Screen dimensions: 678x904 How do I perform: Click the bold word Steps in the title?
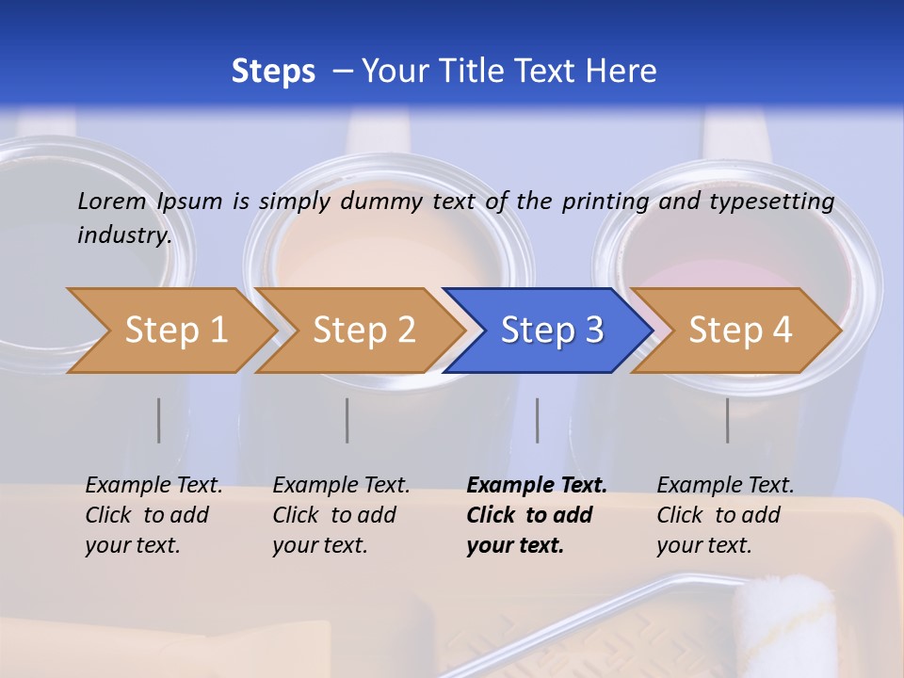tap(273, 72)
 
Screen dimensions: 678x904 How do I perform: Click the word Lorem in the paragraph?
tap(111, 201)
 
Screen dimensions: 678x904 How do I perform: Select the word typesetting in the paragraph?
tap(771, 201)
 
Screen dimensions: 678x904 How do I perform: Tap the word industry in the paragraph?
tap(123, 234)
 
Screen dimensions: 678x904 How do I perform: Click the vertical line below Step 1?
tap(159, 420)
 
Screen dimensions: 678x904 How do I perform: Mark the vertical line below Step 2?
tap(347, 420)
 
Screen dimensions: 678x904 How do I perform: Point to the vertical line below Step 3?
tap(538, 420)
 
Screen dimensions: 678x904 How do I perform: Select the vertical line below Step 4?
tap(728, 420)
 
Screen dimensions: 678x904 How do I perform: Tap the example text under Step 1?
tap(153, 515)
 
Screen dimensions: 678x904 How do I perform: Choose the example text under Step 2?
tap(340, 515)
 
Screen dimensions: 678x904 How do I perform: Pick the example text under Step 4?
tap(724, 515)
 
